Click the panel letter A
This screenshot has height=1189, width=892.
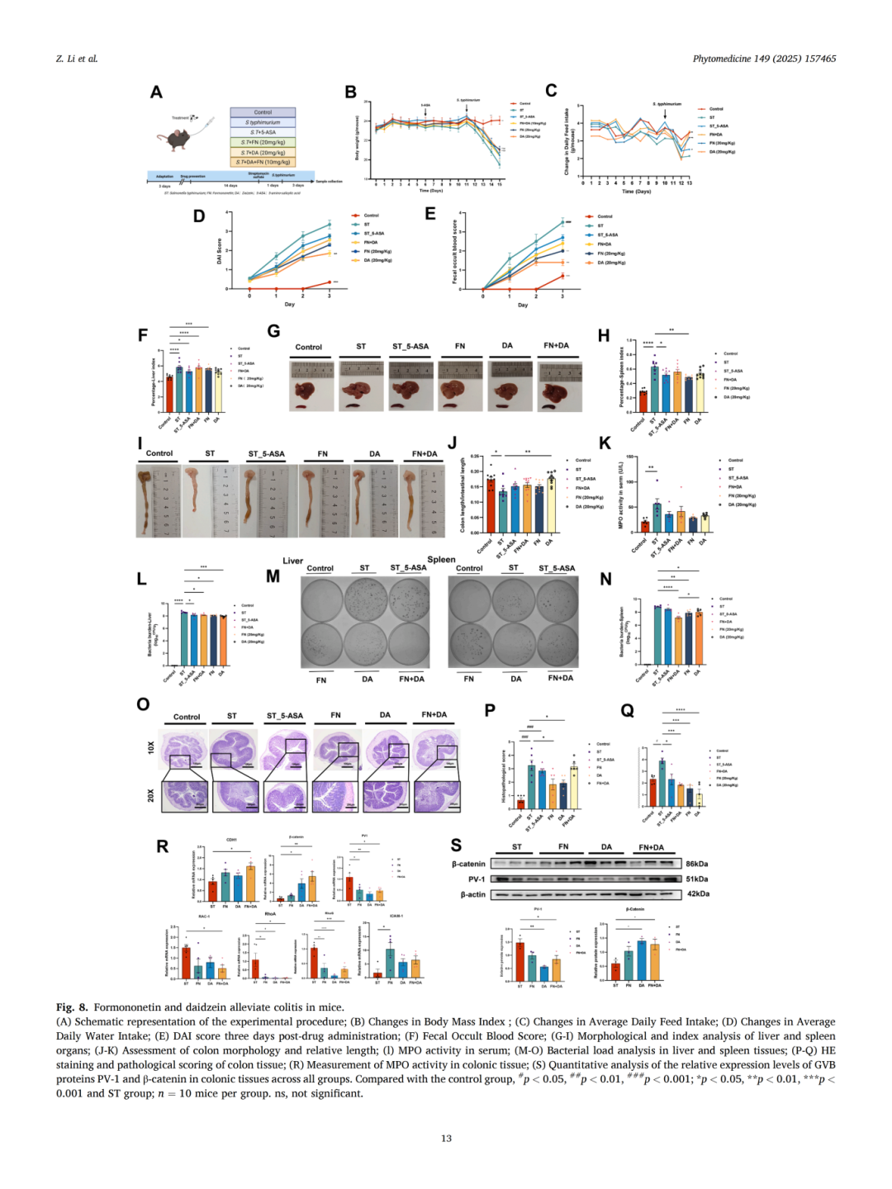156,92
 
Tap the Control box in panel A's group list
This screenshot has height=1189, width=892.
263,112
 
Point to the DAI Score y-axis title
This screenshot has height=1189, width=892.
219,251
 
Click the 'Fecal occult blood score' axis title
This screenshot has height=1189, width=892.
454,251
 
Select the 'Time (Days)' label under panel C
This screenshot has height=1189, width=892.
636,192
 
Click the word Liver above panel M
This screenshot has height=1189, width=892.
293,561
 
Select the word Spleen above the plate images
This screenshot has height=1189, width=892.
441,560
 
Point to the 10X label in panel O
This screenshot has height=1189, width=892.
150,747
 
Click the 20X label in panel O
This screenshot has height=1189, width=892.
150,795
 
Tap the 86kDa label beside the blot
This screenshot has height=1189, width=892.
697,864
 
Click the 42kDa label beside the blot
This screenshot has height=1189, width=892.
698,893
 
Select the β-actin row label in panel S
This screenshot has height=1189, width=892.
473,894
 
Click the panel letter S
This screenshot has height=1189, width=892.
456,845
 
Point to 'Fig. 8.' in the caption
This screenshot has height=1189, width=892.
72,1007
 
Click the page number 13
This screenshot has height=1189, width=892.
446,1138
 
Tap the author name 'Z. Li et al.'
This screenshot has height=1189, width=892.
77,59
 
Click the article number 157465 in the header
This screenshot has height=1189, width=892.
818,59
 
